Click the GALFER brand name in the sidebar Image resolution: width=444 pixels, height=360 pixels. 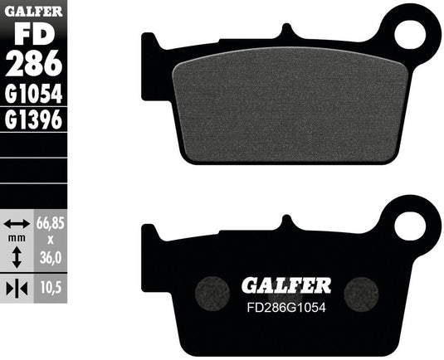pos(33,11)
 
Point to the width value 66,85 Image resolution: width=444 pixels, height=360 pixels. pos(51,222)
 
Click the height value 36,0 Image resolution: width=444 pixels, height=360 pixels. pos(51,258)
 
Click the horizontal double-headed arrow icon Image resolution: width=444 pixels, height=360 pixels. pos(17,223)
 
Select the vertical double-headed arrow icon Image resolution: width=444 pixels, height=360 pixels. pos(17,259)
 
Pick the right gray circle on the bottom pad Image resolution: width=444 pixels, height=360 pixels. pos(360,291)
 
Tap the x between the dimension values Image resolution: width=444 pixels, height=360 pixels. pos(51,241)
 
